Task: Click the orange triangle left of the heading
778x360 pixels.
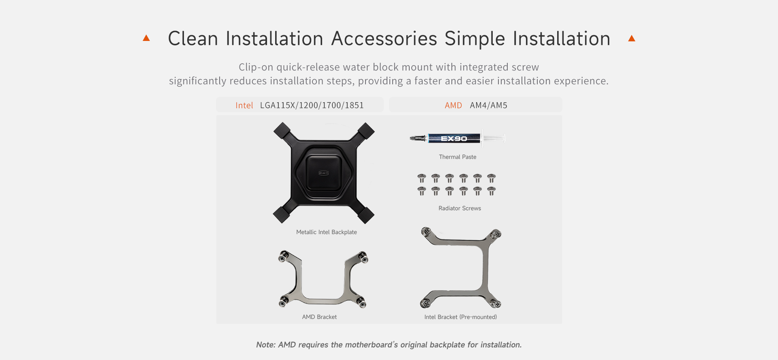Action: (x=146, y=38)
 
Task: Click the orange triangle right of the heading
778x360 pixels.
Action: (x=631, y=38)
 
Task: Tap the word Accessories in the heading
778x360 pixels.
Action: (x=384, y=39)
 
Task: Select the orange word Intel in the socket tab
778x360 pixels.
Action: (x=244, y=105)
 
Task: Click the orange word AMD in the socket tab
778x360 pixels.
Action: (x=453, y=105)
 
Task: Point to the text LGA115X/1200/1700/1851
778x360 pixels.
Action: (x=312, y=105)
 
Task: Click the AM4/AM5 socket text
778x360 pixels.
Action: (x=489, y=105)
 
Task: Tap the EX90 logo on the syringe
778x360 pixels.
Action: (x=454, y=139)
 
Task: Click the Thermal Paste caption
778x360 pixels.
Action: (x=457, y=157)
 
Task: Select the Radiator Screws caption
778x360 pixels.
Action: (x=460, y=208)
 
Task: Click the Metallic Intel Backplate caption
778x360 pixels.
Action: (x=327, y=232)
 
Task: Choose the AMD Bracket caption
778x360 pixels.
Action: (x=319, y=317)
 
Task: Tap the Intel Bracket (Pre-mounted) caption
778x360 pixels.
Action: (x=461, y=317)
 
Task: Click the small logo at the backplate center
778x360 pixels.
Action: (x=323, y=173)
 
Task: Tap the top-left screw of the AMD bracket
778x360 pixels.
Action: (x=284, y=256)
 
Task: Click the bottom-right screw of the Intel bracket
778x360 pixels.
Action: (x=496, y=303)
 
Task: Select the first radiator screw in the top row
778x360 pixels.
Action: (x=422, y=178)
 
